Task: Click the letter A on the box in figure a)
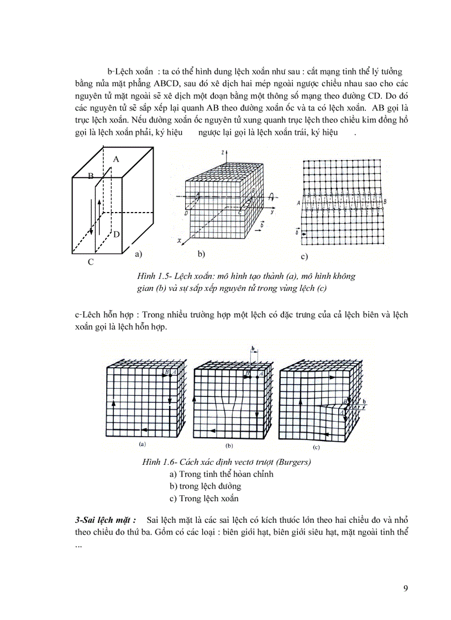pyautogui.click(x=116, y=158)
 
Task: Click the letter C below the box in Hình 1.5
pyautogui.click(x=91, y=263)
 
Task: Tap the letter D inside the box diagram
pyautogui.click(x=117, y=234)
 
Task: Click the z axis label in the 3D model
pyautogui.click(x=221, y=151)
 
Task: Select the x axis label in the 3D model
pyautogui.click(x=180, y=241)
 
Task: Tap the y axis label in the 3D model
pyautogui.click(x=272, y=211)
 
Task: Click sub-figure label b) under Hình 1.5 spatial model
pyautogui.click(x=201, y=255)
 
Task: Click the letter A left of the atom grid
pyautogui.click(x=298, y=203)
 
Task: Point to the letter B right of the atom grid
pyautogui.click(x=385, y=202)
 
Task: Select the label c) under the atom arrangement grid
pyautogui.click(x=303, y=257)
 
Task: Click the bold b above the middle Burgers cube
pyautogui.click(x=252, y=349)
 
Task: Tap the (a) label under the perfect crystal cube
pyautogui.click(x=142, y=444)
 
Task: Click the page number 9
pyautogui.click(x=406, y=587)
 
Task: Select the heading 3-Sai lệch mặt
pyautogui.click(x=106, y=520)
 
